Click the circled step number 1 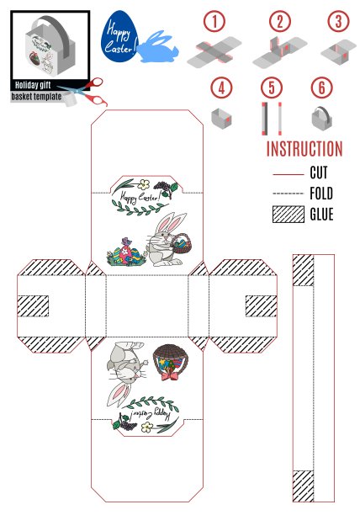[214, 21]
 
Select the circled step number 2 [280, 21]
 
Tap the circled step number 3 [338, 21]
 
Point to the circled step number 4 [221, 88]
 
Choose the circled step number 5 [272, 88]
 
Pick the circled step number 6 [321, 88]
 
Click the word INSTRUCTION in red [304, 149]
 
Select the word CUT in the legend [319, 173]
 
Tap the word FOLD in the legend [321, 194]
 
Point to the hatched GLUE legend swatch [289, 215]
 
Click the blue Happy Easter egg [119, 36]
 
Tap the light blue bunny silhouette [158, 49]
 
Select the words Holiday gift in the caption [33, 85]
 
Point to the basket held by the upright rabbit [182, 244]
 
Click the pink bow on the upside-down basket [171, 375]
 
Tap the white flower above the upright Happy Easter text [143, 184]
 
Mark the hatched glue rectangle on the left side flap [33, 306]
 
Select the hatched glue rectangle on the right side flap [262, 306]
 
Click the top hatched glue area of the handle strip [304, 270]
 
